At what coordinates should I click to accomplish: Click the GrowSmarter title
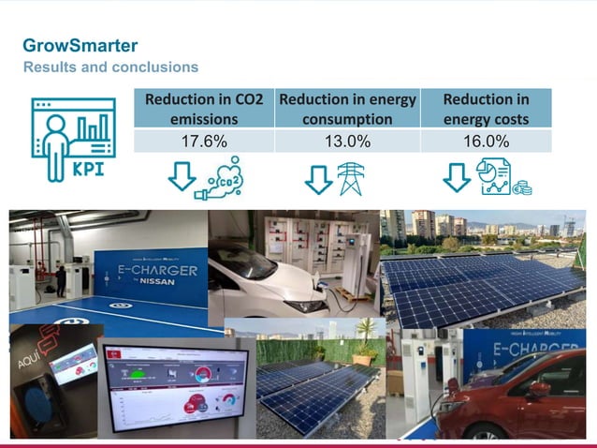point(80,45)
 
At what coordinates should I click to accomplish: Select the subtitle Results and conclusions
point(110,67)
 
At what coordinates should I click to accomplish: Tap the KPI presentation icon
point(73,140)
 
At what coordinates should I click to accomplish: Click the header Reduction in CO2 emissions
point(204,109)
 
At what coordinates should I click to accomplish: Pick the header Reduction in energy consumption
point(347,109)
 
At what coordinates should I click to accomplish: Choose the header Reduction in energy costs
point(486,109)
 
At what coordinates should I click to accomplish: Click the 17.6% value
point(204,142)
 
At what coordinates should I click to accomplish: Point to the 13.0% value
point(347,142)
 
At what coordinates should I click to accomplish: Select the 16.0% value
point(486,142)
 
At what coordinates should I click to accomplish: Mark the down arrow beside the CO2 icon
point(182,177)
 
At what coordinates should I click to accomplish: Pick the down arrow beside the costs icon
point(457,177)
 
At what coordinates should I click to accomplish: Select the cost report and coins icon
point(502,177)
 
